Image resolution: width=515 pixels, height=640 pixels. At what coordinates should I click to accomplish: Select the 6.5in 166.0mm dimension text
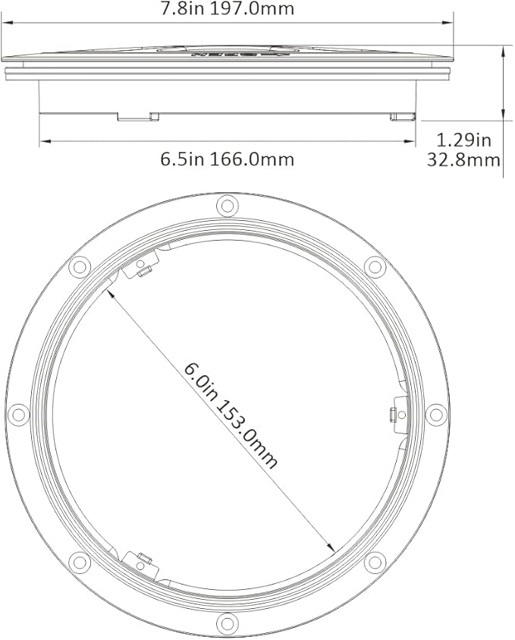(227, 159)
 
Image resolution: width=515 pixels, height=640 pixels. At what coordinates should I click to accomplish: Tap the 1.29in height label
(465, 140)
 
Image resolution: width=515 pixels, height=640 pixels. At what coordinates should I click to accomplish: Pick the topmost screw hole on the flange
(226, 205)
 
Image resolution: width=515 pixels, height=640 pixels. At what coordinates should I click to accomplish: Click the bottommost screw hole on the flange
(226, 623)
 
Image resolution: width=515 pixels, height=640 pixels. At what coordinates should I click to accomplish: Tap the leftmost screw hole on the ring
(17, 415)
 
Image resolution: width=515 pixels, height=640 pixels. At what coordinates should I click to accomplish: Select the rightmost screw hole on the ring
(435, 415)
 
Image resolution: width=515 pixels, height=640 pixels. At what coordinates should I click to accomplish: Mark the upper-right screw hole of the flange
(373, 266)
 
